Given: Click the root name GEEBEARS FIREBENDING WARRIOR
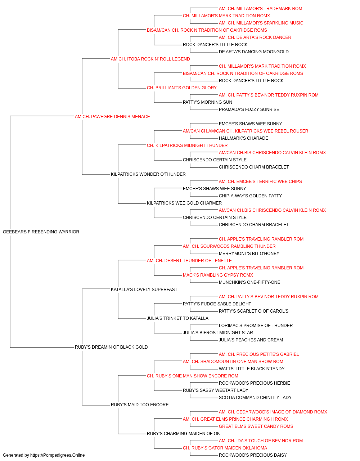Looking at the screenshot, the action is coord(41,232).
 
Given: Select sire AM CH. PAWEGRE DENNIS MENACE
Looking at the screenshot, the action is coord(112,116).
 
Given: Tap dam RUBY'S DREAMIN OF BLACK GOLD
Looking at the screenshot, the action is coord(111,347).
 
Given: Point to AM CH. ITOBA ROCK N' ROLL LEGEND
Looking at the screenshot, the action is coord(150,59).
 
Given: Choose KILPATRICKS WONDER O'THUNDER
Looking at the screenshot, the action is coord(148,174).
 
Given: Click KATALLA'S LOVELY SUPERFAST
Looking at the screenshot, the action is coord(144,289).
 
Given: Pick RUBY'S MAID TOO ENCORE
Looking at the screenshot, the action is coord(140,404).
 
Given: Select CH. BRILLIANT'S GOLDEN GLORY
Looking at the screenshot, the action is coord(182,88).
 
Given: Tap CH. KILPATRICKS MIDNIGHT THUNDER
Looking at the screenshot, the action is coord(187,145).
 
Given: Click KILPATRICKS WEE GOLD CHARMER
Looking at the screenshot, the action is coord(184,203).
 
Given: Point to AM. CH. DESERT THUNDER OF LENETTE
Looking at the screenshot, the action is coord(189,260).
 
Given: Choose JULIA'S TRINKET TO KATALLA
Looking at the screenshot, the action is coord(178,318).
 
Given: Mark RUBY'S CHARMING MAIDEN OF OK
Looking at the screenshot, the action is coord(183,433).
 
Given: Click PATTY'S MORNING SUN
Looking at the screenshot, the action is coord(208,102).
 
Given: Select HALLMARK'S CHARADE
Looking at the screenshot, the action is coord(243,138).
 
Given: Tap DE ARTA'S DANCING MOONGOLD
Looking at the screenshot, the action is coord(253,52).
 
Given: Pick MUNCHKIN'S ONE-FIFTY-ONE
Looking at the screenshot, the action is coord(249,282).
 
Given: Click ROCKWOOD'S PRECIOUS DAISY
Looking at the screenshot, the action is coord(253,455).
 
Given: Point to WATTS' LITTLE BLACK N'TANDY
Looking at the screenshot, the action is coord(252,369).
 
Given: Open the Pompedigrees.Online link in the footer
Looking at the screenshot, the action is coord(57,455).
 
